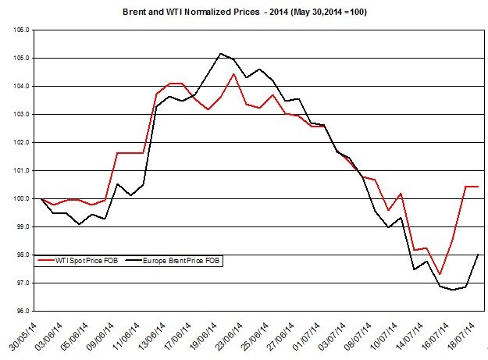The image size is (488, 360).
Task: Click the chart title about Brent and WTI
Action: coord(244,12)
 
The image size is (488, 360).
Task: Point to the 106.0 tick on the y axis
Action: coord(22,30)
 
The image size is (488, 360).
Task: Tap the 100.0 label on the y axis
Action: coord(22,199)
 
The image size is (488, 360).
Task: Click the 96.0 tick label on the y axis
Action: coord(22,312)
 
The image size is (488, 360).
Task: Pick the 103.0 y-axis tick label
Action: coord(22,115)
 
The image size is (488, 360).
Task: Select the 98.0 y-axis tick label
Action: coord(22,255)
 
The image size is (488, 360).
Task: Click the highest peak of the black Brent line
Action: coord(221,53)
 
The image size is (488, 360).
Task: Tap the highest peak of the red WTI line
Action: coord(233,74)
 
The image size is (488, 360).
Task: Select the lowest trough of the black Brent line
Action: coord(453,290)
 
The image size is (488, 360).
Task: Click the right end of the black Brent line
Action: coord(477,255)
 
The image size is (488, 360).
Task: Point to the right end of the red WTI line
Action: coord(477,187)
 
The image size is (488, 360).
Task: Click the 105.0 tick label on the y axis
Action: coord(22,59)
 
